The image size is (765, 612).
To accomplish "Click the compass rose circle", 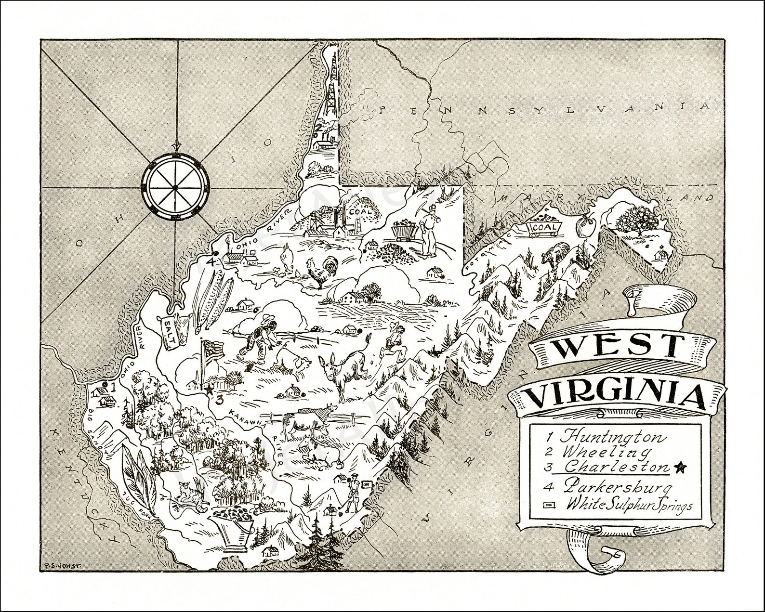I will click(176, 186).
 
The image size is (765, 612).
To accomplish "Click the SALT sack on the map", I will click(169, 332).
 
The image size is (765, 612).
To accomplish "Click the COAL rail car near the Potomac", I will click(543, 227).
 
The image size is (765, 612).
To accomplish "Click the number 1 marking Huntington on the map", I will click(112, 387).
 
